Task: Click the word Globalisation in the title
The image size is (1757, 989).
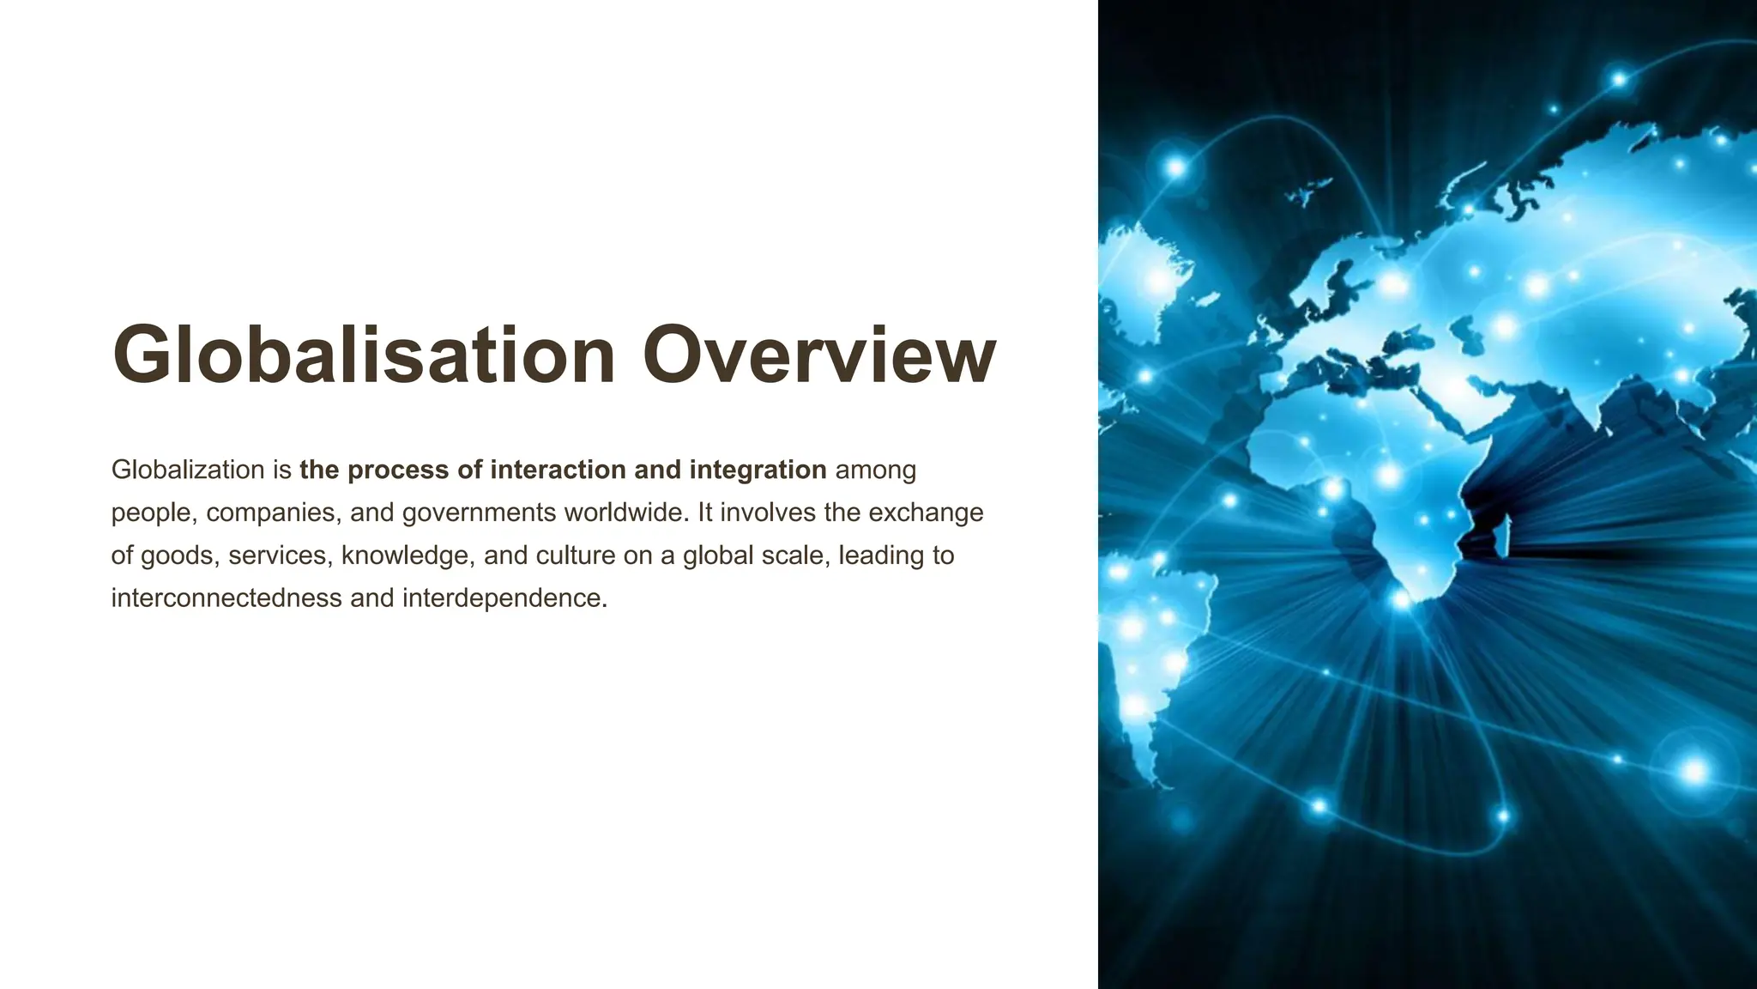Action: pos(364,355)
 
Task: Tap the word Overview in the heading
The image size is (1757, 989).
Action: pos(819,355)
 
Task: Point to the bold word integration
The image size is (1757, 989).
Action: pos(758,470)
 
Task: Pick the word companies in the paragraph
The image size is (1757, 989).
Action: pos(274,513)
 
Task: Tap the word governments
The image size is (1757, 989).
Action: pos(479,513)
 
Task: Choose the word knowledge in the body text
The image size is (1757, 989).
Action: pos(408,555)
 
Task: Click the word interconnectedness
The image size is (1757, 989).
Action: pos(226,598)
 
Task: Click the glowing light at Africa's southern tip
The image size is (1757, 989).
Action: pos(1400,599)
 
